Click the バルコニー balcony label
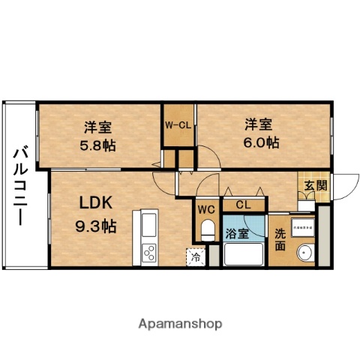tap(19, 186)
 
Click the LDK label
tap(96, 202)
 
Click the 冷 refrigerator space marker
tap(196, 256)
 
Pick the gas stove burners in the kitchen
tap(148, 253)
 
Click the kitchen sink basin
tap(147, 223)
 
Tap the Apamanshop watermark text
tap(180, 324)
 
